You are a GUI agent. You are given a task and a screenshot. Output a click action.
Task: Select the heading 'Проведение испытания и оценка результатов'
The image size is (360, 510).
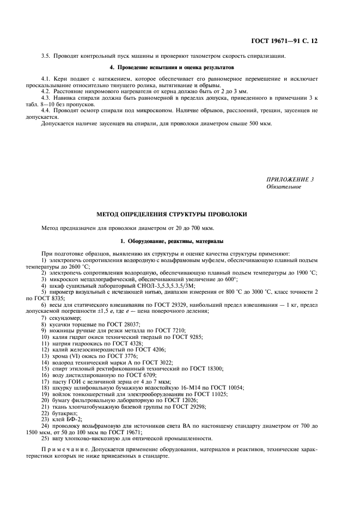click(x=172, y=68)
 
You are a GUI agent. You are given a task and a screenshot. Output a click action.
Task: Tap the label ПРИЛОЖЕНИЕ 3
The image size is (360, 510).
click(x=290, y=179)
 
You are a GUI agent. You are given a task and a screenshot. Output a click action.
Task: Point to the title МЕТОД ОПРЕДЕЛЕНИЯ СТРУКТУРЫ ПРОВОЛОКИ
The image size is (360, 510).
click(x=172, y=214)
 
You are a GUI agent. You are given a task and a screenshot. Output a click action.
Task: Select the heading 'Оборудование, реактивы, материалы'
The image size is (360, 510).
click(x=172, y=241)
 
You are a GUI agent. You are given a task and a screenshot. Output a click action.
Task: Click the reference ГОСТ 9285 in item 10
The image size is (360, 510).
click(x=178, y=337)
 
